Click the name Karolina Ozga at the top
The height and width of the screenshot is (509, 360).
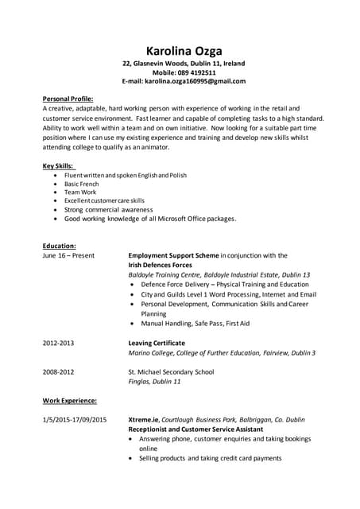184,49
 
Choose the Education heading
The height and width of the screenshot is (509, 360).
59,246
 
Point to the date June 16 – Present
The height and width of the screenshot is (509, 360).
68,255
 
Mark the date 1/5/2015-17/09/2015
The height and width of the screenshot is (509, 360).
75,419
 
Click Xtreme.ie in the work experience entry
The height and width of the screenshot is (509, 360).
145,419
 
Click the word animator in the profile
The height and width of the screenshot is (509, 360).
153,147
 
